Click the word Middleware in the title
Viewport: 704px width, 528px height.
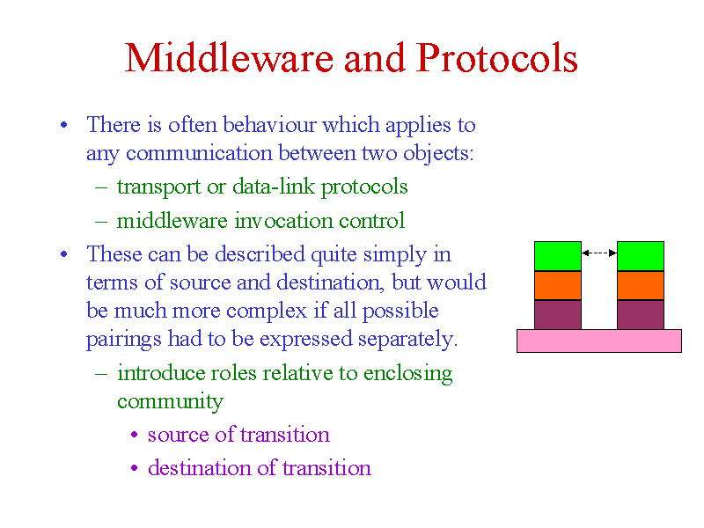[x=230, y=58]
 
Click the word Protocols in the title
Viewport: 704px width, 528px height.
[x=496, y=58]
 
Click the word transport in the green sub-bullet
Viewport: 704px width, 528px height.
[x=159, y=187]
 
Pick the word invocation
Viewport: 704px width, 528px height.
[x=284, y=221]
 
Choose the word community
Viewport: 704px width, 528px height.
[x=170, y=402]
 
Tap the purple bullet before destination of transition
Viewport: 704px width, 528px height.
[x=135, y=468]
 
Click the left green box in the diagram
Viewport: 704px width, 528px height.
[x=558, y=256]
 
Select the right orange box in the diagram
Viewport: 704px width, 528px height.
[x=641, y=285]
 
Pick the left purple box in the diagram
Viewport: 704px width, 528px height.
[x=558, y=315]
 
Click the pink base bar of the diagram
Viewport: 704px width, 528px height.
[x=599, y=341]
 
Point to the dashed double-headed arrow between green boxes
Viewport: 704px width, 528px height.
[x=599, y=253]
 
